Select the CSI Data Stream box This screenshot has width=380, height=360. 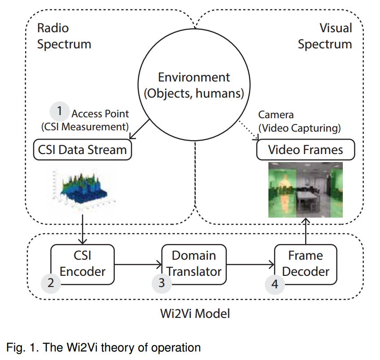(82, 150)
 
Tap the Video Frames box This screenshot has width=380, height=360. (305, 150)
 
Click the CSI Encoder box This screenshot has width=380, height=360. (82, 264)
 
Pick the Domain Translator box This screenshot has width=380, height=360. (194, 264)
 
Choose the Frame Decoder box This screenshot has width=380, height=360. (306, 264)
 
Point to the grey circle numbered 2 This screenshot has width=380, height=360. (51, 283)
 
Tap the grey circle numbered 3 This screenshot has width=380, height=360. (162, 283)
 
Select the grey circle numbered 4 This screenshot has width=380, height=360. (274, 283)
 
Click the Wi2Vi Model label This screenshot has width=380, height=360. (194, 313)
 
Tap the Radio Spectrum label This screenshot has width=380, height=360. (64, 36)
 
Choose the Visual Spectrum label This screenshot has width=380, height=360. (325, 36)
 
